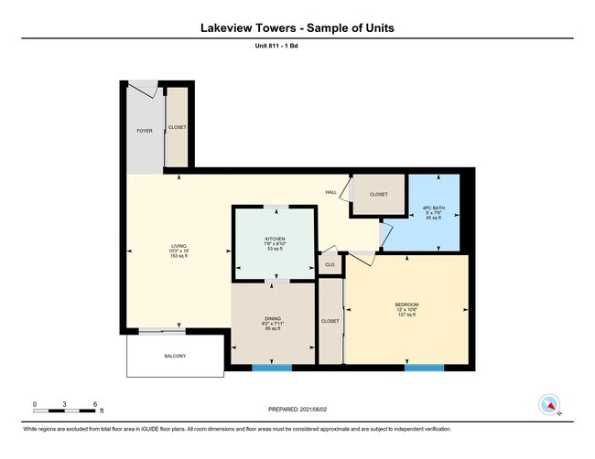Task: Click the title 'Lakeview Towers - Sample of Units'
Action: point(297,27)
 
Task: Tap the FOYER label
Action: point(145,131)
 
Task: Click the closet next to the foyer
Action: point(176,128)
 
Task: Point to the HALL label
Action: point(330,192)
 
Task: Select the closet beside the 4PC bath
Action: point(378,195)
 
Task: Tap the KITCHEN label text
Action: point(275,239)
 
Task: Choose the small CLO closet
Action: point(329,264)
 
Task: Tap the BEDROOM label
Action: point(406,304)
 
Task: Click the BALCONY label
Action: point(175,356)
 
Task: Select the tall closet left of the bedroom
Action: point(330,321)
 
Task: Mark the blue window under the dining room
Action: point(272,368)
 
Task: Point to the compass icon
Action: point(549,404)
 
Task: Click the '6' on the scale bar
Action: point(95,403)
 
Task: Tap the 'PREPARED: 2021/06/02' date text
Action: point(297,411)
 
